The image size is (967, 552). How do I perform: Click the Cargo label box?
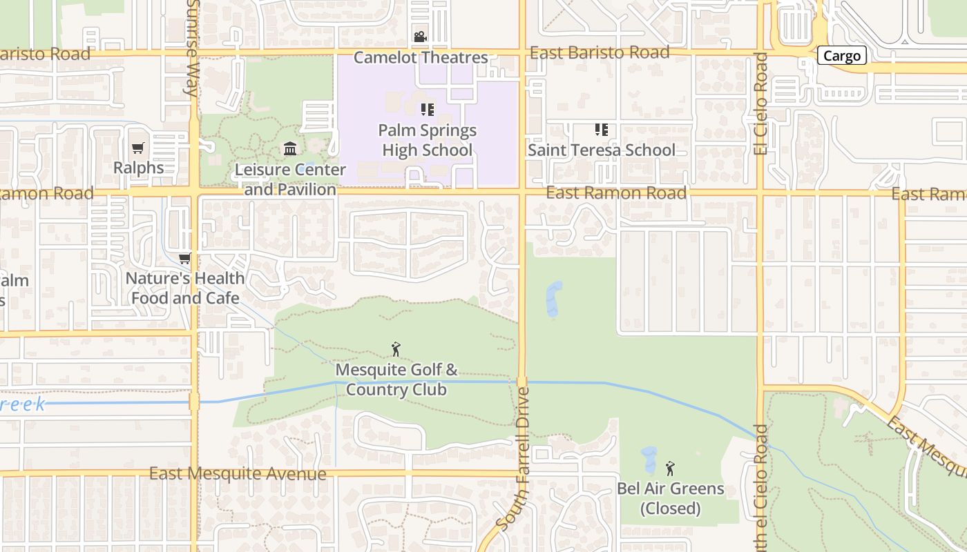pyautogui.click(x=841, y=56)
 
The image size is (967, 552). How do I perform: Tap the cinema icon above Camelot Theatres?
pyautogui.click(x=420, y=37)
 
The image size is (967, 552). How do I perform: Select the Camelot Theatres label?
pyautogui.click(x=421, y=58)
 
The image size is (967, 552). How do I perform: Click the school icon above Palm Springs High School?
pyautogui.click(x=428, y=109)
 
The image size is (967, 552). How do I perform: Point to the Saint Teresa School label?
pyautogui.click(x=602, y=150)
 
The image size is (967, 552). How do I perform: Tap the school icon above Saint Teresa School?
pyautogui.click(x=602, y=129)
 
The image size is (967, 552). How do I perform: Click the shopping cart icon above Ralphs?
pyautogui.click(x=138, y=148)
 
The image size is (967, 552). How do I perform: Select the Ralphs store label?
pyautogui.click(x=138, y=168)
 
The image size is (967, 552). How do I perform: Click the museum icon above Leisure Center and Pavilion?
pyautogui.click(x=290, y=148)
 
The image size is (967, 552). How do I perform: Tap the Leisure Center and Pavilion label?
pyautogui.click(x=290, y=179)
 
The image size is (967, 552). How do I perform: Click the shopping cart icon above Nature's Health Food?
pyautogui.click(x=184, y=258)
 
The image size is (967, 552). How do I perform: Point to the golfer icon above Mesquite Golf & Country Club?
pyautogui.click(x=396, y=349)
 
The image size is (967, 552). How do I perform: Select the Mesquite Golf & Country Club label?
pyautogui.click(x=396, y=379)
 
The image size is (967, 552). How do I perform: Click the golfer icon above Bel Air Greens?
pyautogui.click(x=670, y=469)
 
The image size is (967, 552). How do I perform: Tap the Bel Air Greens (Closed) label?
pyautogui.click(x=670, y=498)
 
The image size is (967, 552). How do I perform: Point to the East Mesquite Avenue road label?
pyautogui.click(x=238, y=473)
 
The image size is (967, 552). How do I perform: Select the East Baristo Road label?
pyautogui.click(x=600, y=53)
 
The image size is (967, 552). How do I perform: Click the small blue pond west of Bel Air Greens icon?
pyautogui.click(x=649, y=460)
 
